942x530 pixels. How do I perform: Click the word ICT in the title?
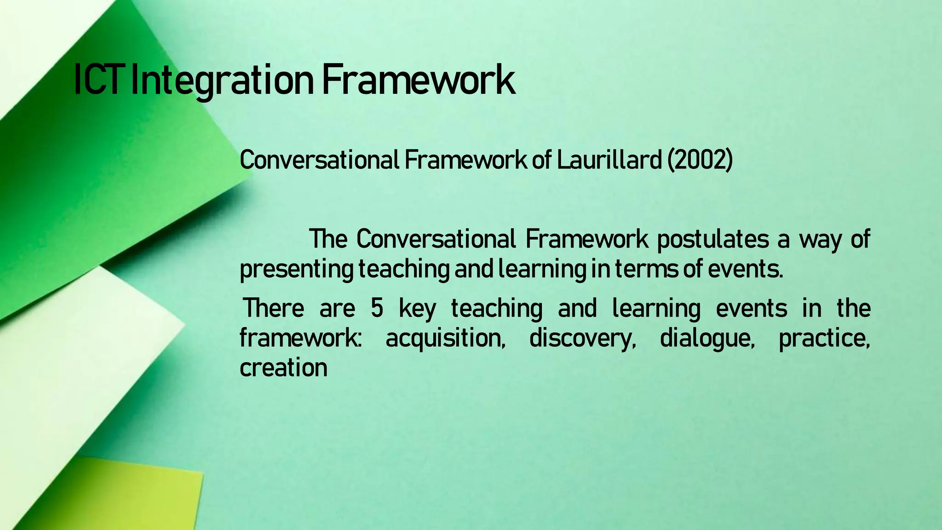pyautogui.click(x=100, y=81)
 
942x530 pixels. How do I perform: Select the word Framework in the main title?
pyautogui.click(x=418, y=81)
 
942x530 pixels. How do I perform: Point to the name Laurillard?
pyautogui.click(x=609, y=160)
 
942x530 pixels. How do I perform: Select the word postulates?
pyautogui.click(x=712, y=240)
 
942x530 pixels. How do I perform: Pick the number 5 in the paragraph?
pyautogui.click(x=377, y=308)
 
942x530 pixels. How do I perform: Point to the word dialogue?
pyautogui.click(x=707, y=339)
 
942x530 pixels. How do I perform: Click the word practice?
pyautogui.click(x=824, y=339)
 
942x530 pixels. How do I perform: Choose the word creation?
pyautogui.click(x=283, y=368)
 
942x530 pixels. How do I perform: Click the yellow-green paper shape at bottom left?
pyautogui.click(x=138, y=497)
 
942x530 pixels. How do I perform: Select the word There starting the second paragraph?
pyautogui.click(x=273, y=308)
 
